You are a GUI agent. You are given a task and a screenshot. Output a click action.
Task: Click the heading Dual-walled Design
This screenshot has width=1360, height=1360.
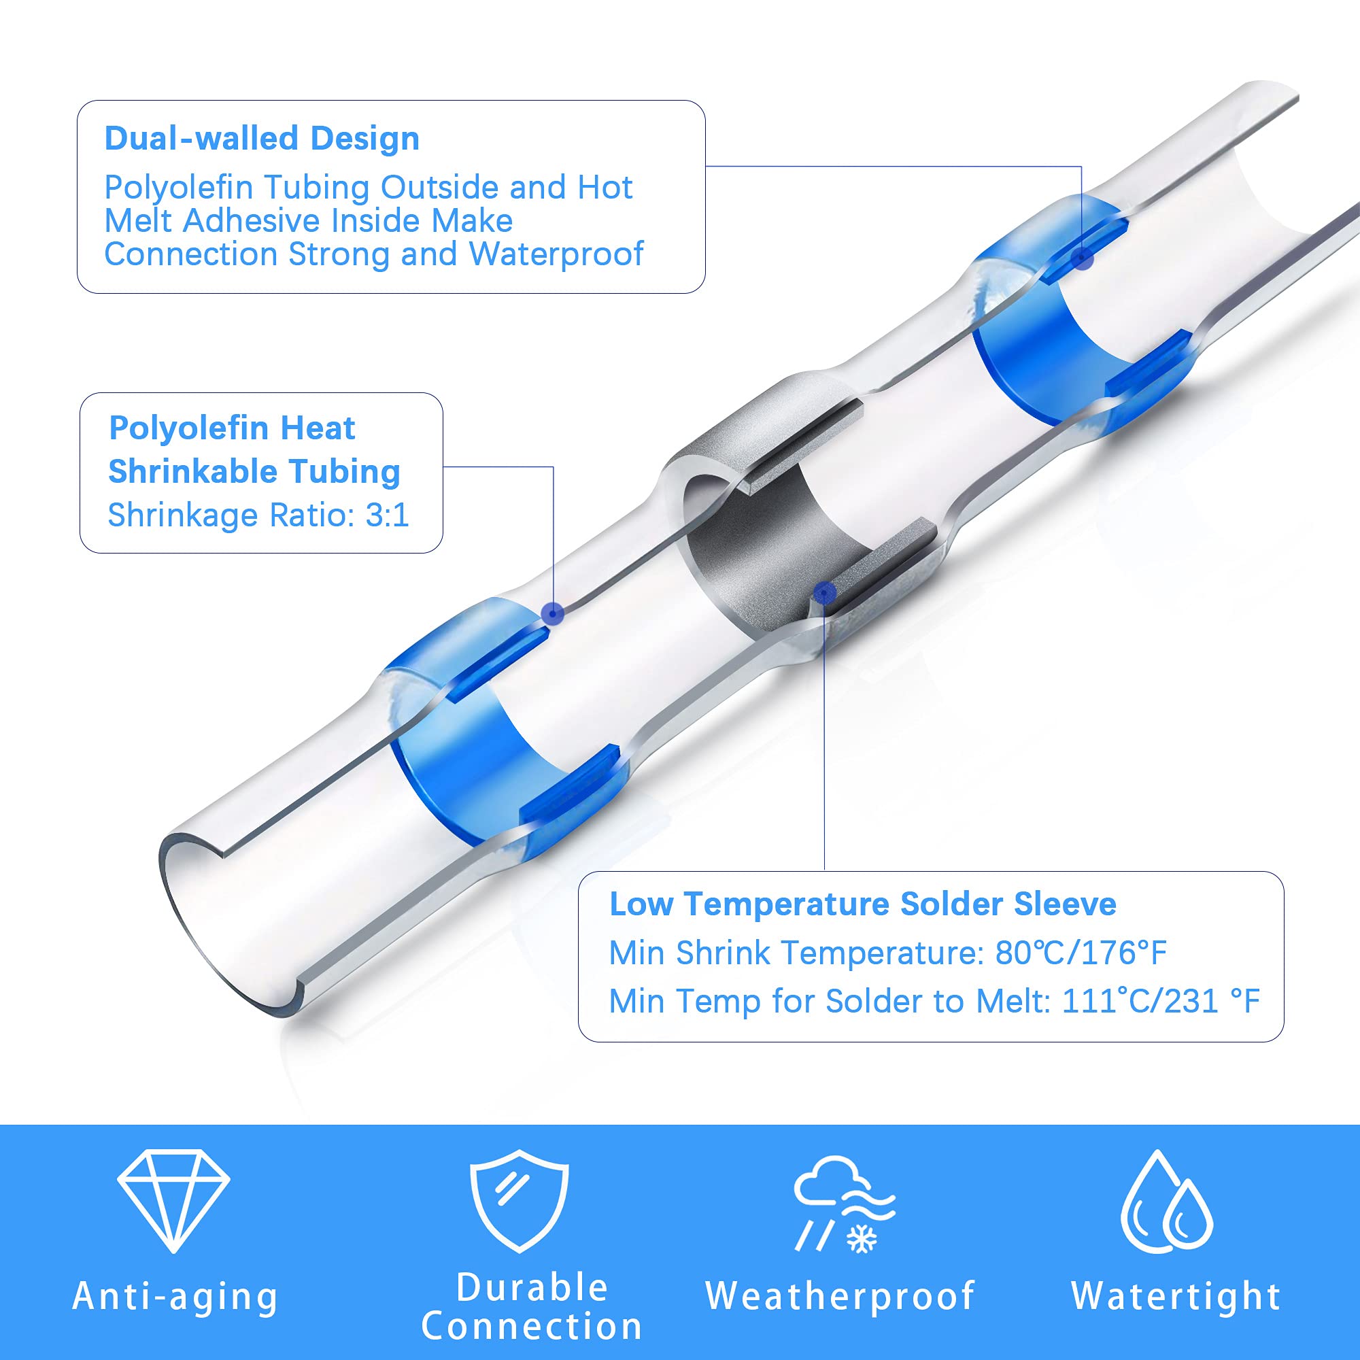(262, 139)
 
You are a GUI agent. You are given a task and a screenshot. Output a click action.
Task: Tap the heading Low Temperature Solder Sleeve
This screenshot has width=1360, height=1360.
(862, 904)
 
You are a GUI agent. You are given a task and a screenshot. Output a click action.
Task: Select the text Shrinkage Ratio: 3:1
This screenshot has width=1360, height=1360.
(258, 515)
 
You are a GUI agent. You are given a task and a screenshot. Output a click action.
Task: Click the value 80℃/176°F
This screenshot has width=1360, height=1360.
(1081, 953)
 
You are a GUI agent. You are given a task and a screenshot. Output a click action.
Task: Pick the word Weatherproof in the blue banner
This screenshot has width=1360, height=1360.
(840, 1296)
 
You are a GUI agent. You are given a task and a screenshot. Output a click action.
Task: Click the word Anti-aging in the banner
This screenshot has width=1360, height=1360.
(175, 1297)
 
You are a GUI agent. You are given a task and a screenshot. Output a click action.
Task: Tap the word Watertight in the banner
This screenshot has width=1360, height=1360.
(1176, 1296)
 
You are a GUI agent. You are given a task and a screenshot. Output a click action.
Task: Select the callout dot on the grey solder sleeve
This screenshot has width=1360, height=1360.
(824, 594)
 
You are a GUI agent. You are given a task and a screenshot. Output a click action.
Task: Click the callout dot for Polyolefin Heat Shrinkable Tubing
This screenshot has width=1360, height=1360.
(554, 614)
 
